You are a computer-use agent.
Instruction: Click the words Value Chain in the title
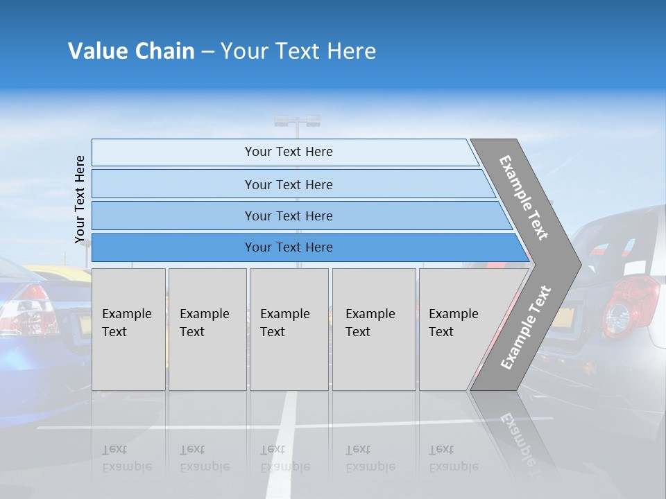(131, 51)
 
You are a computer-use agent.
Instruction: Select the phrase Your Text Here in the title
(298, 51)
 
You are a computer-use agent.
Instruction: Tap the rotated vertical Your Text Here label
(80, 199)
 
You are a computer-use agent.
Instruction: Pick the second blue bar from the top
(288, 184)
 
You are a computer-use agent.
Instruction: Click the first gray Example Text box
(128, 329)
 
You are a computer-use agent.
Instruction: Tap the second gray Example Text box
(207, 329)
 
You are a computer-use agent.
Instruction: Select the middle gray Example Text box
(289, 329)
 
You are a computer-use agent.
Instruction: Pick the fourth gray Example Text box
(374, 329)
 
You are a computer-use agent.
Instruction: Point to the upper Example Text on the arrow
(524, 198)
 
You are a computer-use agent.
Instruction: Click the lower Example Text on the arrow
(525, 328)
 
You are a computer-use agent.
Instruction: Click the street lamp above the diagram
(297, 122)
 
